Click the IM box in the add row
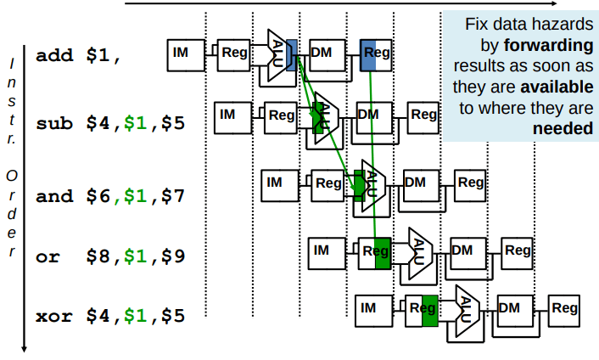pos(181,53)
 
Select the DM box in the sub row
pos(369,114)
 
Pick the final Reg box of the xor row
pos(564,309)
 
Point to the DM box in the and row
pos(416,182)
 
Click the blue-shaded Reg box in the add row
pos(375,53)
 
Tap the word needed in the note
pos(563,129)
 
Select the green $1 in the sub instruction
pos(134,123)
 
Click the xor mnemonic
pos(53,317)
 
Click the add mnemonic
pos(53,57)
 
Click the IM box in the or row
pos(321,250)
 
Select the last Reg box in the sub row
pos(423,114)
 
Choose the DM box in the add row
pos(322,53)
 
